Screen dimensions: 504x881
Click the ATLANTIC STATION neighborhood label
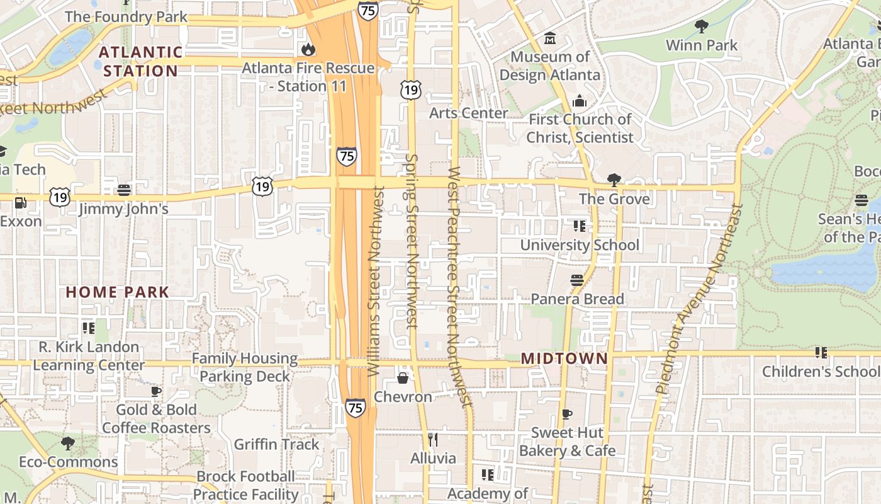click(141, 61)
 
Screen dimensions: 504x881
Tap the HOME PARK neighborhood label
click(118, 292)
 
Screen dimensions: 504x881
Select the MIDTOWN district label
click(564, 358)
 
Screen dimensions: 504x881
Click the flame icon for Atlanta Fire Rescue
click(308, 49)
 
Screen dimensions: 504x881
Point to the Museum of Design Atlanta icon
click(550, 38)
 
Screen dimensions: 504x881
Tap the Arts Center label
click(468, 113)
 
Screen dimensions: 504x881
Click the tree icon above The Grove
click(614, 180)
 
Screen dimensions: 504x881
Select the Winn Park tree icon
click(701, 26)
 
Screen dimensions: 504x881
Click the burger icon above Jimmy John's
click(124, 190)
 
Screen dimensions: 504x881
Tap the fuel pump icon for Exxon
click(21, 203)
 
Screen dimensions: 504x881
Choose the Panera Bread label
click(577, 299)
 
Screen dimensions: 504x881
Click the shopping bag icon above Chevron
click(403, 378)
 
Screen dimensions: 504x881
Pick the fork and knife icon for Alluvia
click(432, 439)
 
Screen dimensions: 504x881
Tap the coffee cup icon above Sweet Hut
click(567, 414)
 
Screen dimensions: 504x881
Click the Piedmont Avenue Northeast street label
click(700, 299)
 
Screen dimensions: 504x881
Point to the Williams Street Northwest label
click(374, 280)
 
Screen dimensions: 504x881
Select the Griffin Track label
click(276, 444)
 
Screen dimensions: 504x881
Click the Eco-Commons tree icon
click(68, 444)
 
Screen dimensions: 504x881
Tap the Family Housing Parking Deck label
click(244, 367)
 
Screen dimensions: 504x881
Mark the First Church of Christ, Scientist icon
click(580, 101)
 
